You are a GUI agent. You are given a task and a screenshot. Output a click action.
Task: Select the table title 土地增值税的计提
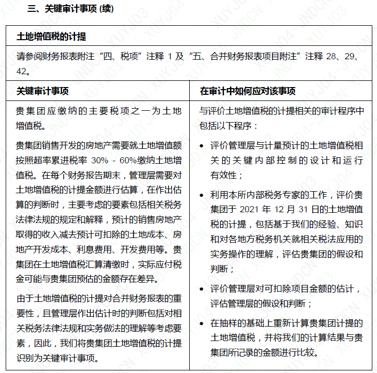pyautogui.click(x=52, y=37)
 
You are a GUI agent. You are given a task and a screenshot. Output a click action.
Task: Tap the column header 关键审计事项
pyautogui.click(x=42, y=91)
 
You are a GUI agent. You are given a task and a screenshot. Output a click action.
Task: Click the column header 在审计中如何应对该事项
pyautogui.click(x=248, y=91)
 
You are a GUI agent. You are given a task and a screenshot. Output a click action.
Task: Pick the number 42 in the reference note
pyautogui.click(x=23, y=70)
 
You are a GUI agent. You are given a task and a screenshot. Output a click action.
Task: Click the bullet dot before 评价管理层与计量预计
pyautogui.click(x=203, y=147)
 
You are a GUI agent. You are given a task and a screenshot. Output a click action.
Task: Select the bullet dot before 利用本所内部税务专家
pyautogui.click(x=203, y=195)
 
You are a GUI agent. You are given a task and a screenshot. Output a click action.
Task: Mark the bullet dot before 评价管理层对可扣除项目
pyautogui.click(x=203, y=289)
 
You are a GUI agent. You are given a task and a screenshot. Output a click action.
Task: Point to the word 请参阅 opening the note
pyautogui.click(x=28, y=56)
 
